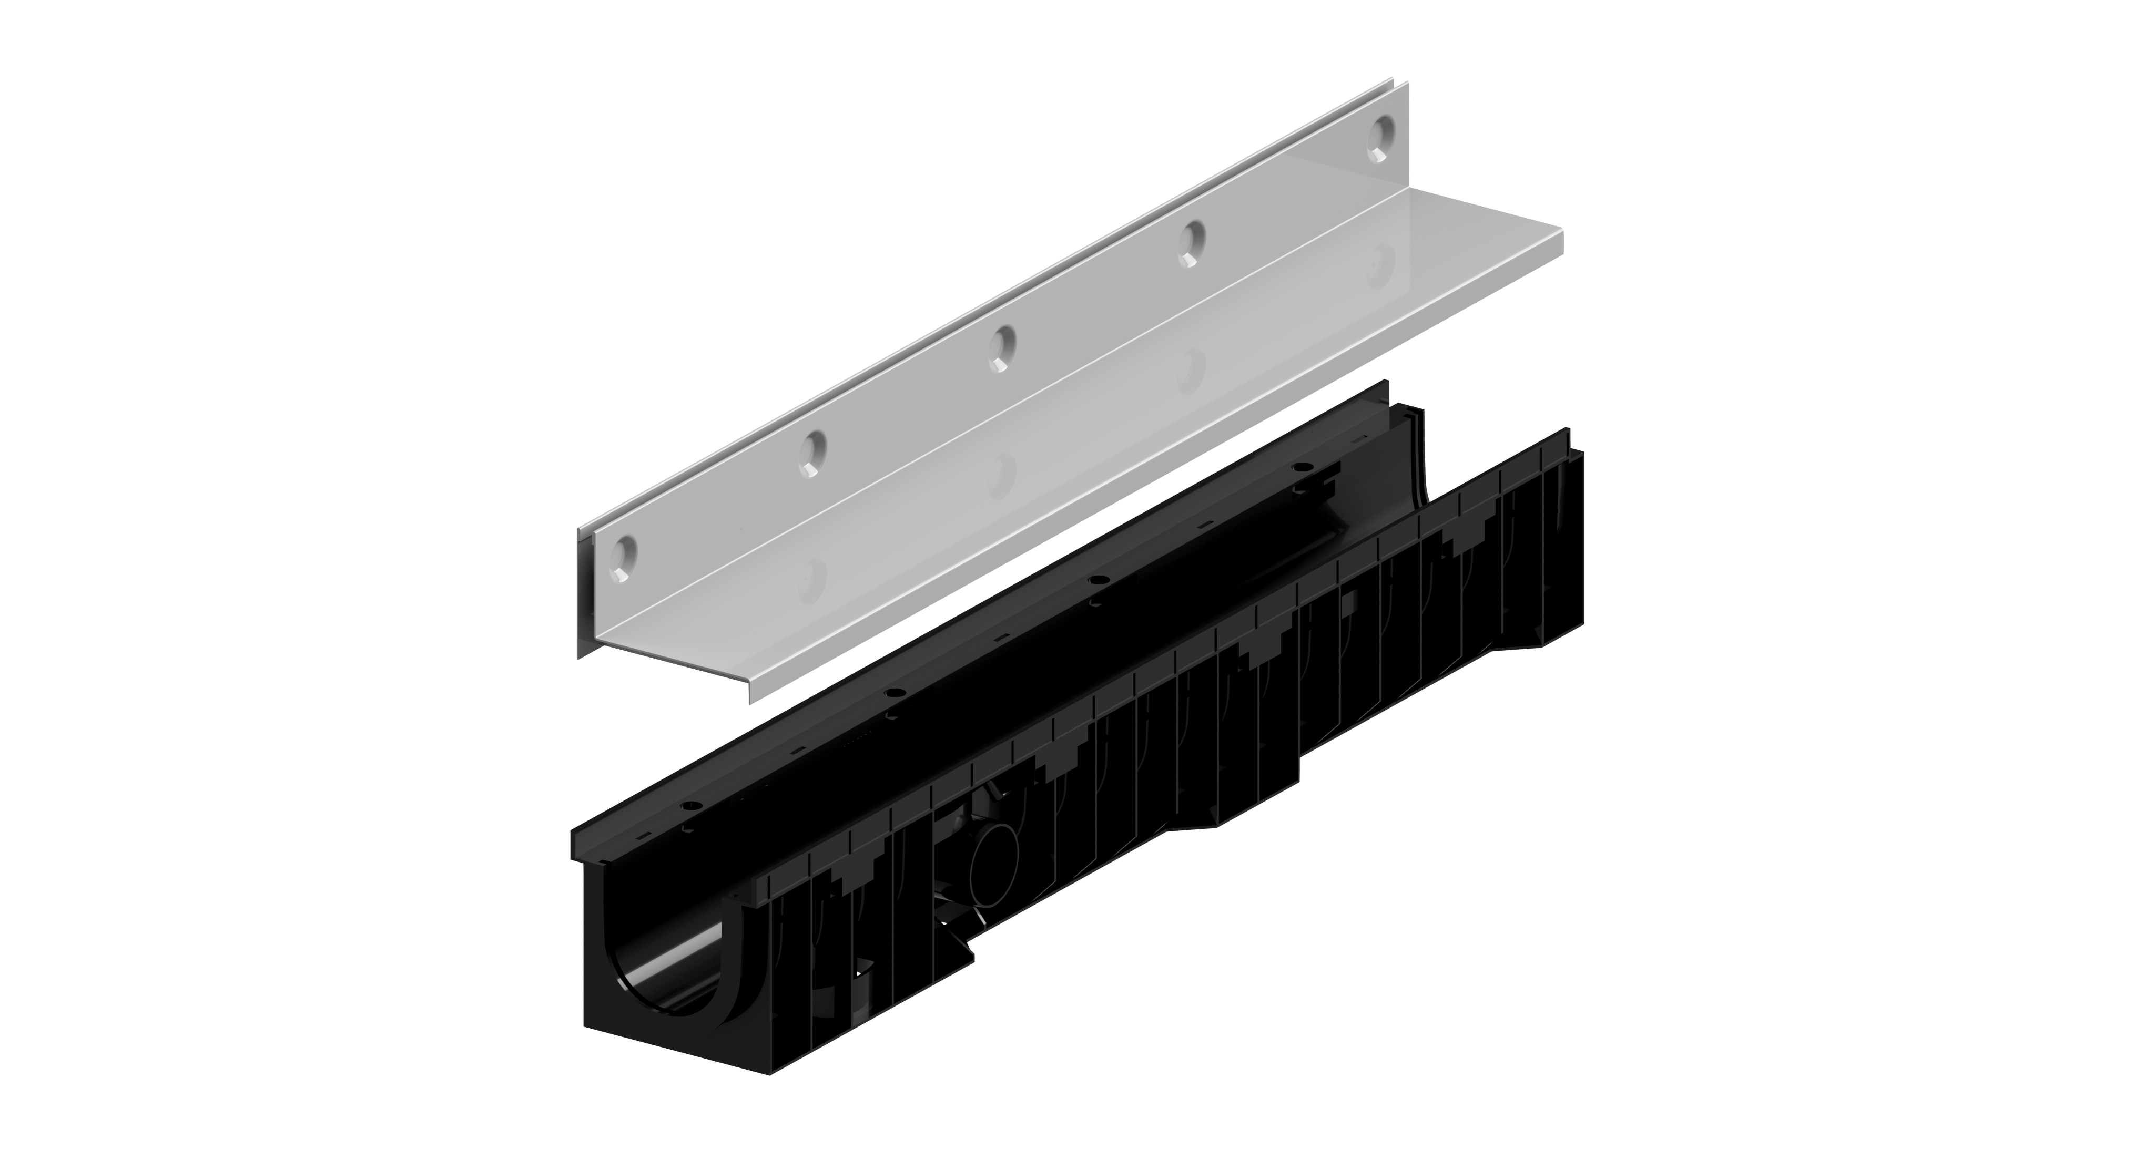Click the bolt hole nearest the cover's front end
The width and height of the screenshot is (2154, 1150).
point(625,553)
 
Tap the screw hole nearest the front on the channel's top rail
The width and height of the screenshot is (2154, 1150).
point(693,804)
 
